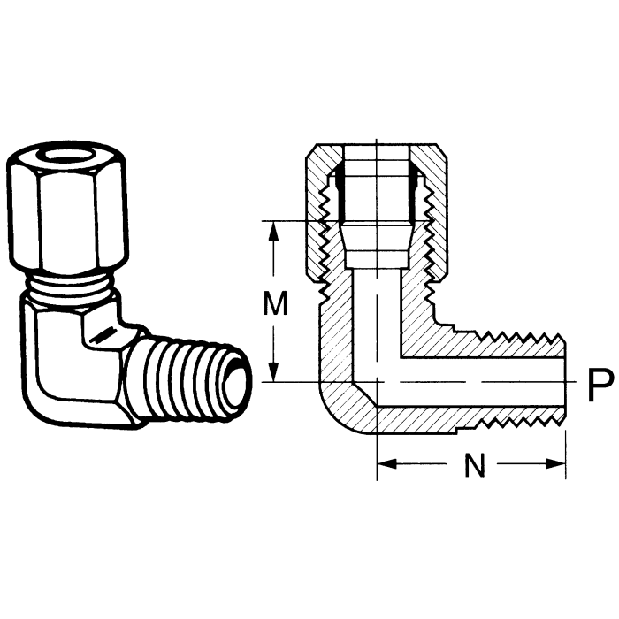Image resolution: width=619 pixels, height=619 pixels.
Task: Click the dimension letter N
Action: [x=475, y=466]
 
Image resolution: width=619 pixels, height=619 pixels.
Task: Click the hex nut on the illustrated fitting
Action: [x=67, y=212]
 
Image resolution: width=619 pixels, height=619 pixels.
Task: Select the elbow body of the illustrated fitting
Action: [x=75, y=354]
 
